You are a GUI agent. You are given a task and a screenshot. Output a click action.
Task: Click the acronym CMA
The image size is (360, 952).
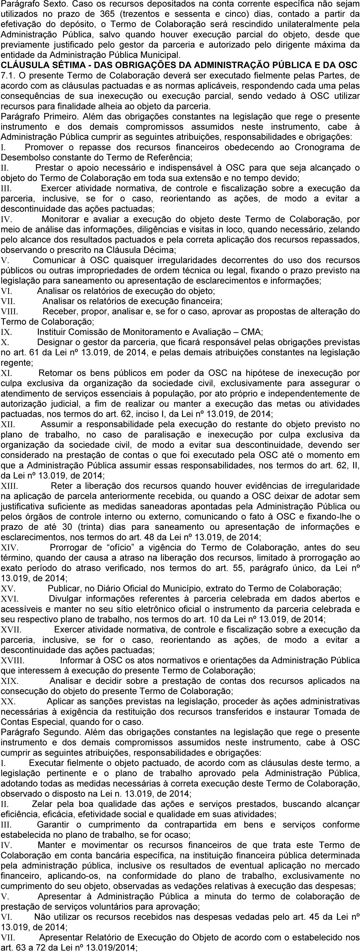tap(252, 332)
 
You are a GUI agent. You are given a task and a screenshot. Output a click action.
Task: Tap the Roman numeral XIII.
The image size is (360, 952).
tap(10, 486)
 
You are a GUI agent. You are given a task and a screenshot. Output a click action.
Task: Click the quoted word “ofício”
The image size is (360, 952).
tap(122, 547)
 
